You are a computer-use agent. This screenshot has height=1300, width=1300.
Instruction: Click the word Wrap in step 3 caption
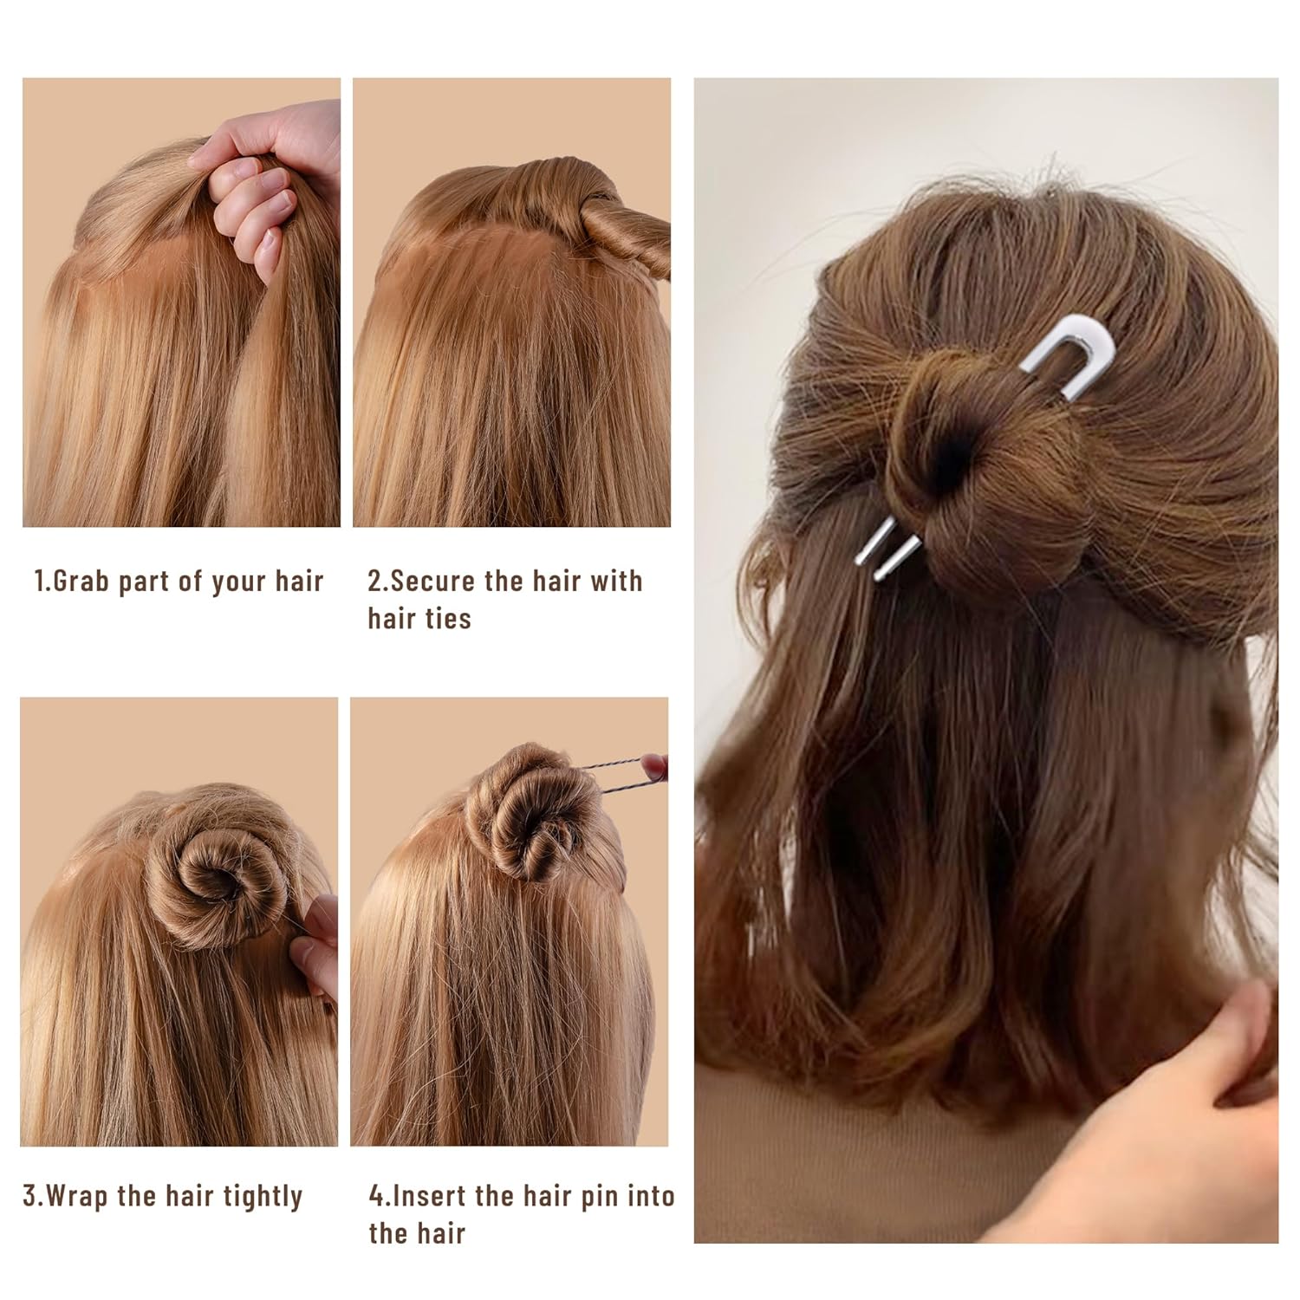point(78,1197)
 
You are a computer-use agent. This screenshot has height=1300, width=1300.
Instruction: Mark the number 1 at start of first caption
point(38,582)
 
